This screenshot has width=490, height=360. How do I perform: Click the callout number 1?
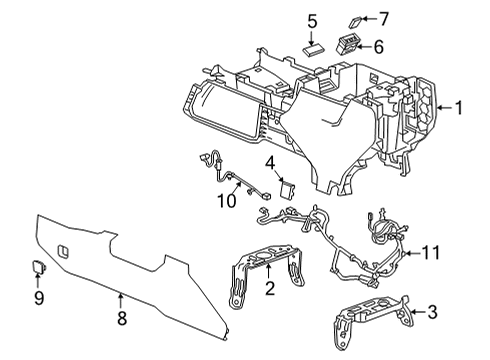(x=458, y=107)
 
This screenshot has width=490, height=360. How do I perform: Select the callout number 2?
(x=268, y=289)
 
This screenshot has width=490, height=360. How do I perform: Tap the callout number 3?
(x=432, y=314)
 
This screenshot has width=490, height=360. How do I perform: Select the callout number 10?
(x=228, y=201)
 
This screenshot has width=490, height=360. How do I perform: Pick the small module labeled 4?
(x=288, y=188)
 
